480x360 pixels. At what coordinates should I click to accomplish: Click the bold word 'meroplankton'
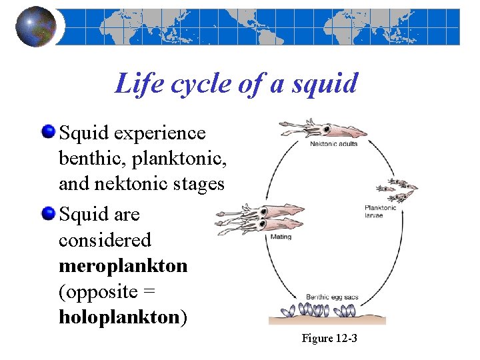pos(123,265)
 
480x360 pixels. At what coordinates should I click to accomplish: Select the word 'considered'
pos(105,239)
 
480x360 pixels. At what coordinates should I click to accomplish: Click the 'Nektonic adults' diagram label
pos(333,144)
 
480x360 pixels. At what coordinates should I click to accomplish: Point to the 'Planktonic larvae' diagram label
pos(380,211)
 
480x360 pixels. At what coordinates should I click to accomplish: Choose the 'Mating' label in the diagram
pos(281,237)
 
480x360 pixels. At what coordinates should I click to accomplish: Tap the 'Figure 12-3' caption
pos(329,339)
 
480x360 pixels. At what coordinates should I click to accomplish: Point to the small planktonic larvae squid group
pos(396,190)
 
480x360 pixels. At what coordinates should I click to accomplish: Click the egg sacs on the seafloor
pos(320,311)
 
